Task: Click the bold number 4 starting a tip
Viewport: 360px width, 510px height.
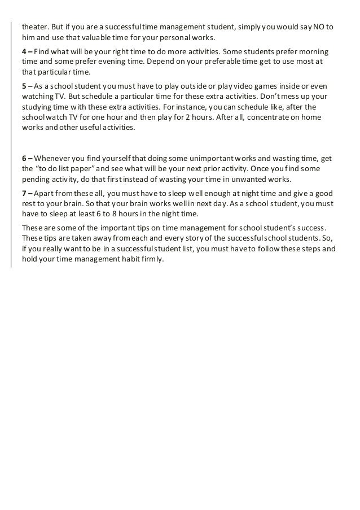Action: point(24,51)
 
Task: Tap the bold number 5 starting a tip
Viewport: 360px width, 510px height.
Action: point(24,86)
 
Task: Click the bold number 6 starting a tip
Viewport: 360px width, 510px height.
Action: point(24,158)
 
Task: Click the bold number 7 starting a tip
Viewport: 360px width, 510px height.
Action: point(24,192)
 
